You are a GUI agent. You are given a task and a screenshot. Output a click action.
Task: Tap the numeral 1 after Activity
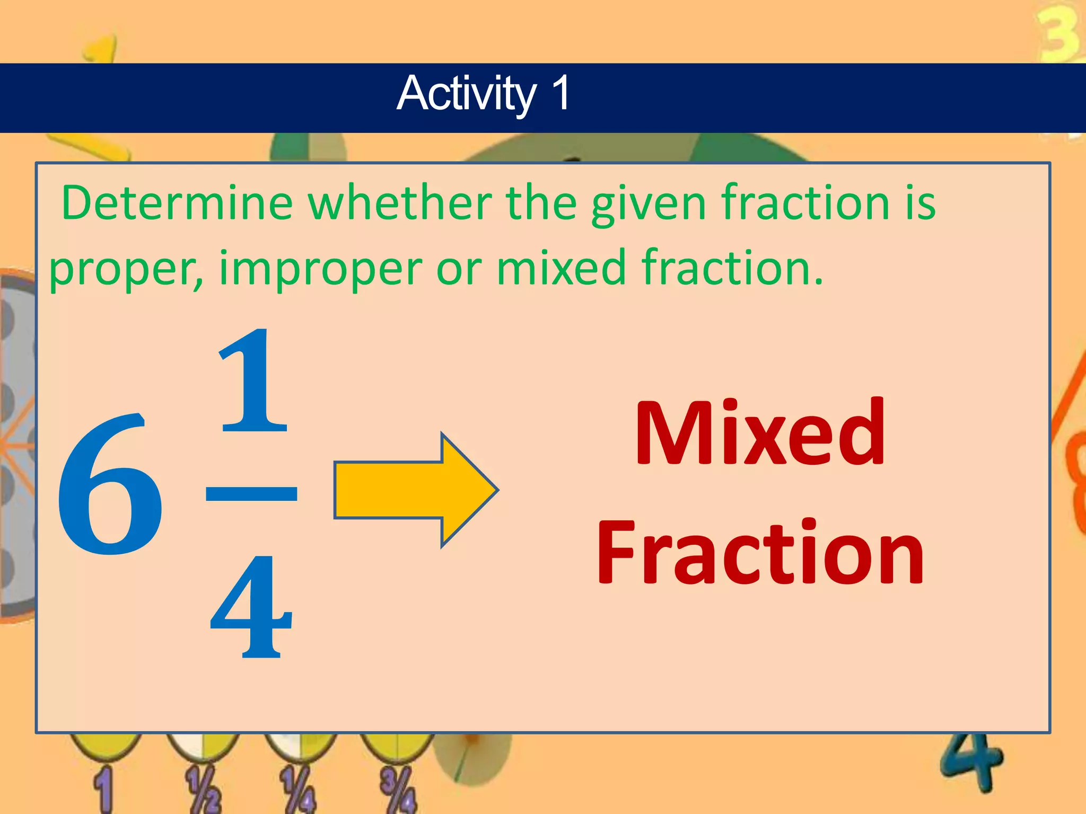560,93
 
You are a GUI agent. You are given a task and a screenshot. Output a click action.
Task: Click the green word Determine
177,203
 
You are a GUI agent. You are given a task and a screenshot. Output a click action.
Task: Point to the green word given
648,204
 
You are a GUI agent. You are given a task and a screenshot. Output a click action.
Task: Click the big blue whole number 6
110,485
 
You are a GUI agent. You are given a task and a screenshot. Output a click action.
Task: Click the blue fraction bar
251,493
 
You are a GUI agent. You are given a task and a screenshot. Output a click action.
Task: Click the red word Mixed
759,433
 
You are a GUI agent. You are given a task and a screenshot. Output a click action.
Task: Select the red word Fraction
759,553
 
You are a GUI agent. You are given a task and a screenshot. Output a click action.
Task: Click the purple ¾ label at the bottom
398,789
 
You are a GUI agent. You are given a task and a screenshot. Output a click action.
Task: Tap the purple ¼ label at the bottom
299,789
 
